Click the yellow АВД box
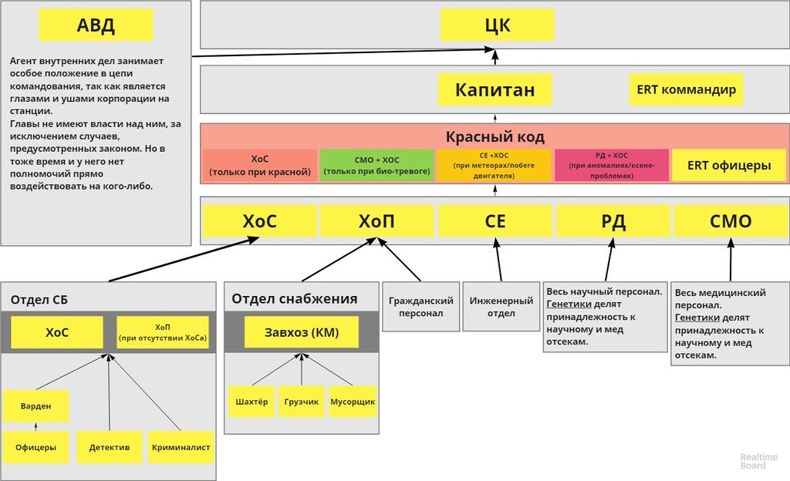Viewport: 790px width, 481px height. pyautogui.click(x=96, y=25)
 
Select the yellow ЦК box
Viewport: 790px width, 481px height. pyautogui.click(x=497, y=25)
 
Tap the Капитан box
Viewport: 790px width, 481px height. pyautogui.click(x=495, y=89)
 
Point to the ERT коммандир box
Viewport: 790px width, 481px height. pyautogui.click(x=686, y=89)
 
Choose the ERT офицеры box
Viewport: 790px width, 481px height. pyautogui.click(x=728, y=165)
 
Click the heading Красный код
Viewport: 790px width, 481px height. pyautogui.click(x=495, y=137)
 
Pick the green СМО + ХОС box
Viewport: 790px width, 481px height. pyautogui.click(x=376, y=166)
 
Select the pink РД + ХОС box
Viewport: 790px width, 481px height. pyautogui.click(x=611, y=166)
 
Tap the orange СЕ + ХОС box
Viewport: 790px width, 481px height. pyautogui.click(x=495, y=166)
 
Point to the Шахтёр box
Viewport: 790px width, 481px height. pyautogui.click(x=252, y=402)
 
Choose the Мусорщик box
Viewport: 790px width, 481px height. pyautogui.click(x=353, y=402)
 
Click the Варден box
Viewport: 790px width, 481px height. pyautogui.click(x=35, y=406)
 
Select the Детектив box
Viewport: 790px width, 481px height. pyautogui.click(x=109, y=447)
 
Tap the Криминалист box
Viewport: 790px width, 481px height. pyautogui.click(x=181, y=447)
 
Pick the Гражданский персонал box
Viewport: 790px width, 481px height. pyautogui.click(x=420, y=307)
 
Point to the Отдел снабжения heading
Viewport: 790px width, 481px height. pyautogui.click(x=294, y=299)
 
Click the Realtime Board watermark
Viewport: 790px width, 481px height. pyautogui.click(x=753, y=461)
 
